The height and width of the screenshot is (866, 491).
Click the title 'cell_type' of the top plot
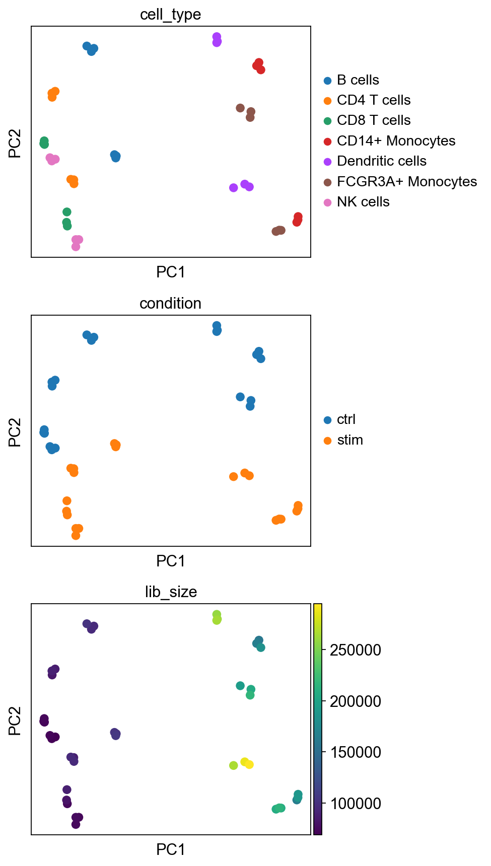point(170,15)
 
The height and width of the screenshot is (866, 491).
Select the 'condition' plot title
point(170,304)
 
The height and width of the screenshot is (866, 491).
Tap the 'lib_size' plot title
point(171,592)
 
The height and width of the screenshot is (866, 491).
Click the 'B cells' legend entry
point(358,80)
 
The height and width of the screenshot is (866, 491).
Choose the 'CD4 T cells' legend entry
point(373,100)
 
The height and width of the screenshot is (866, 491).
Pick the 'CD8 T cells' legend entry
point(373,120)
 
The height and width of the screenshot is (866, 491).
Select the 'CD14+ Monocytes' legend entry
point(396,141)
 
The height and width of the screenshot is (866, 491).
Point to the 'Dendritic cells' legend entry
point(381,161)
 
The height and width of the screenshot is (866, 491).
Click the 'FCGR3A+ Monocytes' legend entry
point(406,182)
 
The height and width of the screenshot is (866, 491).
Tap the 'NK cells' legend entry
point(363,202)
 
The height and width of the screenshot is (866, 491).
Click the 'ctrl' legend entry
point(346,419)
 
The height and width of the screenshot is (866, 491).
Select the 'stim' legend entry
point(349,440)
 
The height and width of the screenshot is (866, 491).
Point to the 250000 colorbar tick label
point(356,650)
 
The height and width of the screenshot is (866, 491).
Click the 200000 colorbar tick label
point(356,701)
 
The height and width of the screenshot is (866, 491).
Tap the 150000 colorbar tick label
point(356,752)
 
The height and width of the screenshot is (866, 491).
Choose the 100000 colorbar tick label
point(356,804)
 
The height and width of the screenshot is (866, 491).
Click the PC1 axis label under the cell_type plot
point(171,272)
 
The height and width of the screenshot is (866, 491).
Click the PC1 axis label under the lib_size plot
point(171,850)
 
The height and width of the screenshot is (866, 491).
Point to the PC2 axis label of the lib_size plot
point(15,720)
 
